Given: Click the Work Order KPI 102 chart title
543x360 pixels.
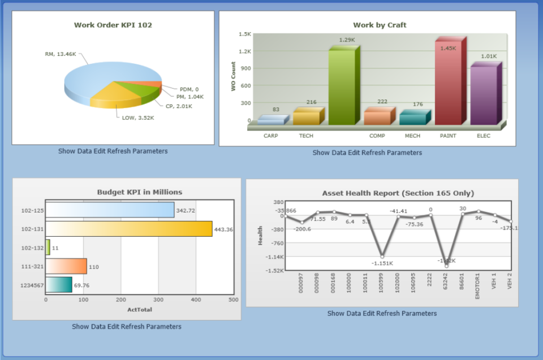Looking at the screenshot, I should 113,25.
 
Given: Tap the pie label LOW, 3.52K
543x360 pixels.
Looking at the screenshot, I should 137,118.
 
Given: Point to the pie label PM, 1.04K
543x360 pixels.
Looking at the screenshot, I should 189,97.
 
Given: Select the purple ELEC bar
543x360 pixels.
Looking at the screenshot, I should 483,95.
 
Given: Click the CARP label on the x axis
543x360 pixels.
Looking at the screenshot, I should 271,136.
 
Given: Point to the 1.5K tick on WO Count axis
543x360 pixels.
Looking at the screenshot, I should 244,34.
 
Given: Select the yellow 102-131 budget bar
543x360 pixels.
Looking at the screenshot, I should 128,229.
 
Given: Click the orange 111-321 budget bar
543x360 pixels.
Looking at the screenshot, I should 66,266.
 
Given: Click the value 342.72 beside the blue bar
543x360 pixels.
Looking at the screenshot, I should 186,210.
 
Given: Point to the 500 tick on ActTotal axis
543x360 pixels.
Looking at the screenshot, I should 233,300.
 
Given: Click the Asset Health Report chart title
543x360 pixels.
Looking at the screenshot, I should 398,193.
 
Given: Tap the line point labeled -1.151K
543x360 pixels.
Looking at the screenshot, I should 383,256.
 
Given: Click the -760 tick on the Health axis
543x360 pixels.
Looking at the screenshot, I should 276,243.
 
